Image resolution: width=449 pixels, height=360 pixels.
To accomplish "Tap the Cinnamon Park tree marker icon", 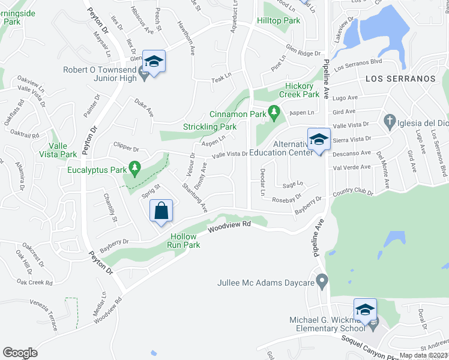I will pos(274,111).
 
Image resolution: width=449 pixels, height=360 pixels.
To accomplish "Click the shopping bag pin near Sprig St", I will pos(161,211).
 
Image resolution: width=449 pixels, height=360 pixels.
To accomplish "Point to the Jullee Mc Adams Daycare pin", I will pos(322,280).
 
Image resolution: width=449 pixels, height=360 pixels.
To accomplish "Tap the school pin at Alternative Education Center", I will pos(319,140).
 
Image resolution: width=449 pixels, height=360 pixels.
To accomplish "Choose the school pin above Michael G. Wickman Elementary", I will pos(364,310).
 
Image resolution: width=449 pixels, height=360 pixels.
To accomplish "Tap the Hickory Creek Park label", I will pos(302,90).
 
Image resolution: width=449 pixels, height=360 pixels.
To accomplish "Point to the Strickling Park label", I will pos(209,127).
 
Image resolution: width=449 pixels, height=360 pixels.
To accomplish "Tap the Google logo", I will pos(20,353).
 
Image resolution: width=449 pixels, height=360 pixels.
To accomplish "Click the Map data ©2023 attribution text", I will pos(423,355).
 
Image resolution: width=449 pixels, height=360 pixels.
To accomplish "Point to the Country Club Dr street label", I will pos(352,193).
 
